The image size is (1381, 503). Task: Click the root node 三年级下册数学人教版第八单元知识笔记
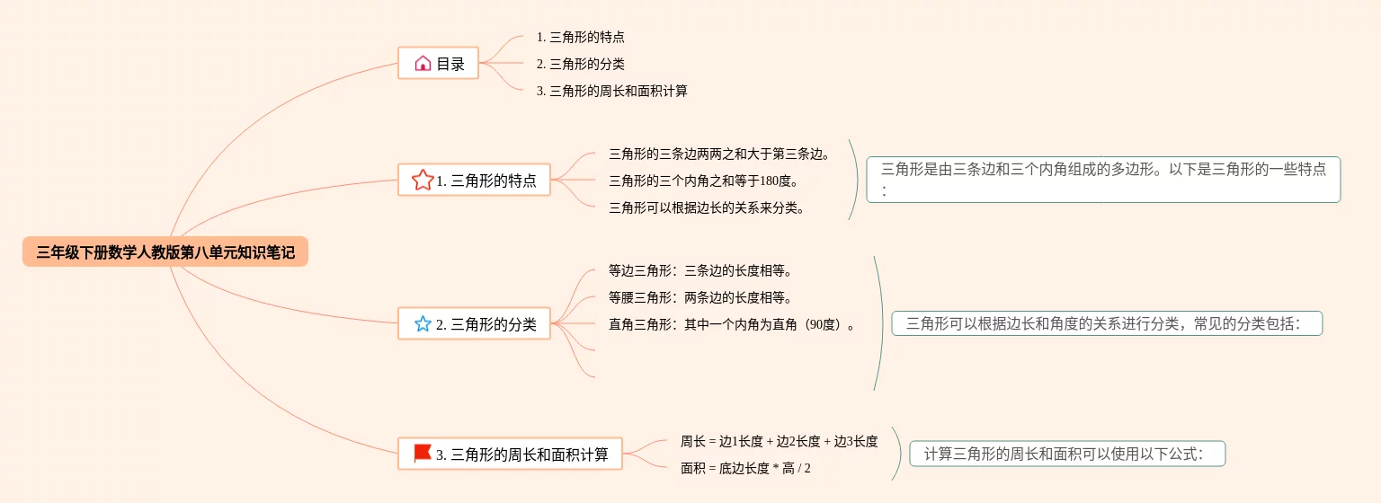pos(165,252)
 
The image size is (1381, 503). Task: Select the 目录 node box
pos(439,64)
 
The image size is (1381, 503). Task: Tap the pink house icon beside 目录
pos(423,64)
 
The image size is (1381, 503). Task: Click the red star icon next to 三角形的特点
pos(423,181)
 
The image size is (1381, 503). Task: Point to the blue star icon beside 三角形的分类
pos(423,324)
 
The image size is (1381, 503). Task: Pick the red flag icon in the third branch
pos(423,454)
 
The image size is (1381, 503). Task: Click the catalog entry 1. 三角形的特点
pos(581,38)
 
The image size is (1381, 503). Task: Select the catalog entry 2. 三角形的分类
pos(581,65)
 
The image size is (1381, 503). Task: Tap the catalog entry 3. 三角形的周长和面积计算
pos(611,92)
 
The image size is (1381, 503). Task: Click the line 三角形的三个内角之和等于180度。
pos(703,181)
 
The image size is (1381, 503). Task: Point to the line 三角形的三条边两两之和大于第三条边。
pos(719,154)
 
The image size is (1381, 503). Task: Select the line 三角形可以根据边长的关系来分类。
pos(707,208)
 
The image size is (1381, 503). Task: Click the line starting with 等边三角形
pos(700,270)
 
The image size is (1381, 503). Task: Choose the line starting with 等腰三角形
pos(700,297)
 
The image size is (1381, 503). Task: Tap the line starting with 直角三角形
pos(732,324)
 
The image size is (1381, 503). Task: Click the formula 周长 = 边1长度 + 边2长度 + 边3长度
pos(779,441)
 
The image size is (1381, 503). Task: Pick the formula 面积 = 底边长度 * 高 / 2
pos(745,468)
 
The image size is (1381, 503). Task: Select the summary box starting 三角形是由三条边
pos(1103,179)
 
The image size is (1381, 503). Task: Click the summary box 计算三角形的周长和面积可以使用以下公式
pos(1067,454)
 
